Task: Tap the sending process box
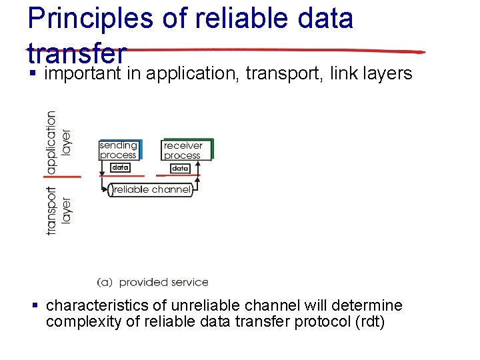click(x=119, y=150)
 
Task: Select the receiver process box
click(x=183, y=150)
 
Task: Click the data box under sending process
click(x=120, y=168)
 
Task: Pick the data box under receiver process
click(x=181, y=169)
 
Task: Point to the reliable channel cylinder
click(x=151, y=190)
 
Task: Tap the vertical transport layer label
click(x=58, y=210)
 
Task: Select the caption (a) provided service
click(x=153, y=283)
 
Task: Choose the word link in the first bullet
click(x=342, y=73)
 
